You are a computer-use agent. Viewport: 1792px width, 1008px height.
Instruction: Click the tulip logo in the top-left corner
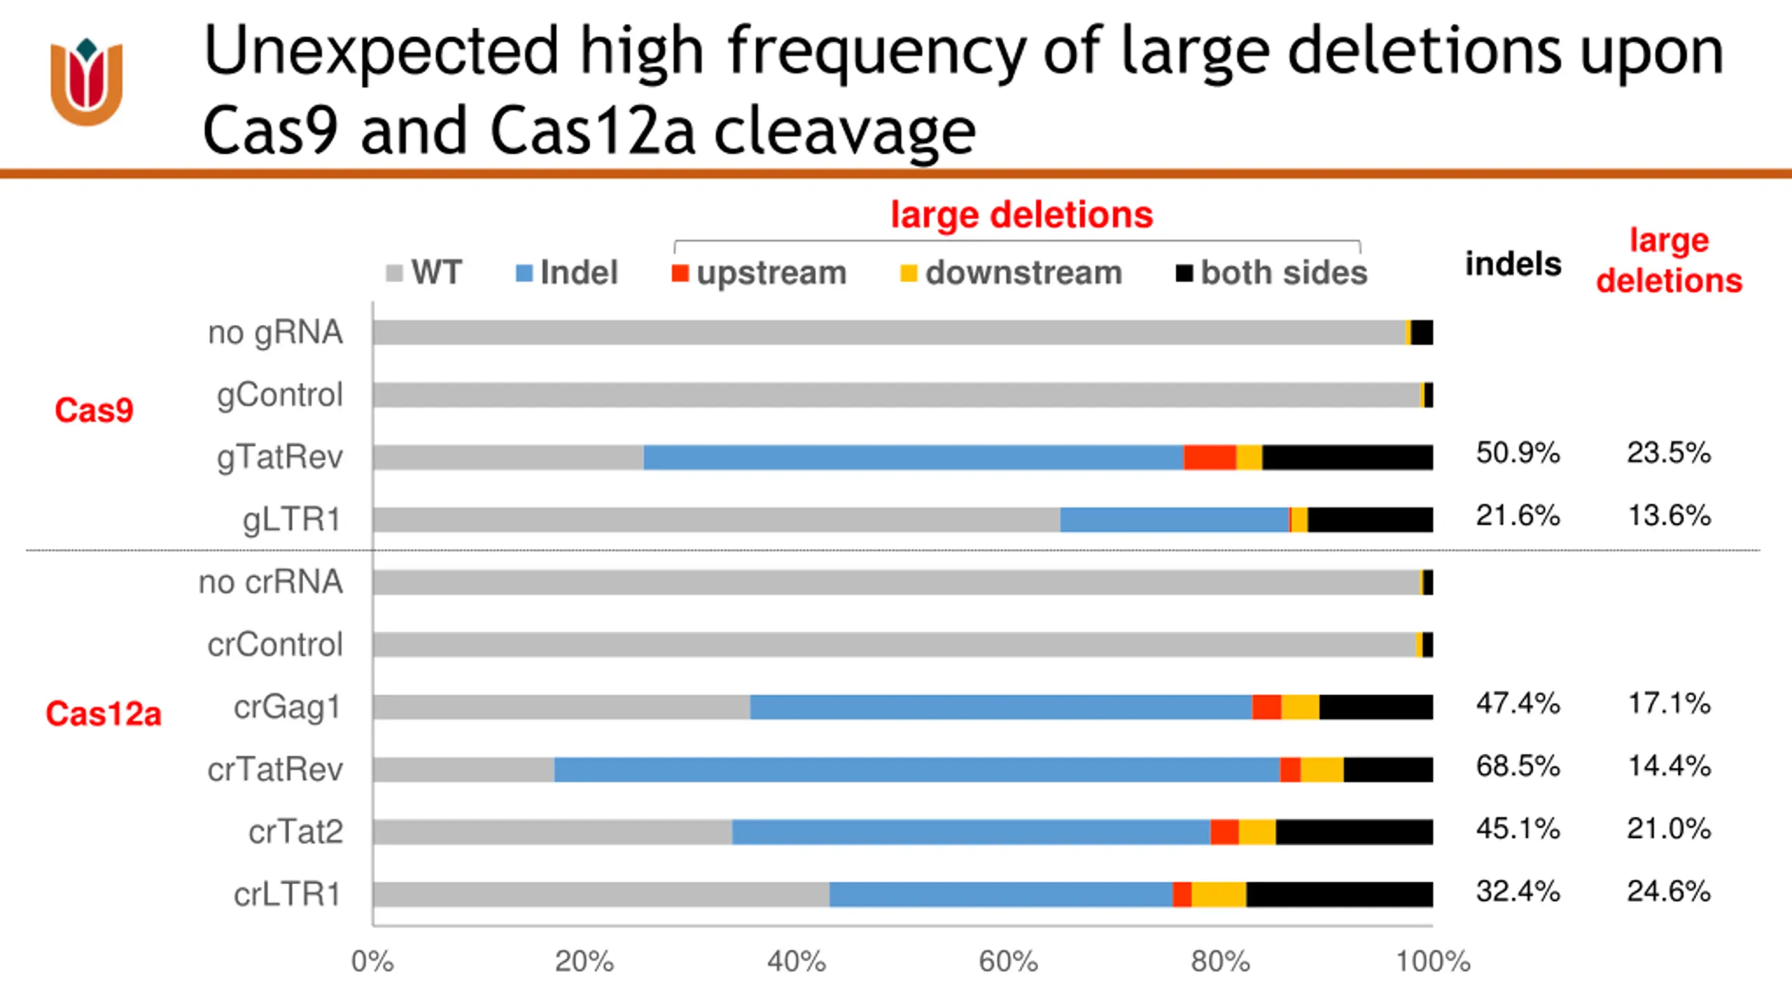point(87,83)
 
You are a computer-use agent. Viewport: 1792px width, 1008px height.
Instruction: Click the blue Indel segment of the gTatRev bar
point(913,457)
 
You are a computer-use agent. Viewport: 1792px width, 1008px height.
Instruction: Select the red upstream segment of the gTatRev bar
point(1210,457)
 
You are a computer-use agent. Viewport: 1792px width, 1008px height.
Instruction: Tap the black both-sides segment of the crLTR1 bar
point(1339,894)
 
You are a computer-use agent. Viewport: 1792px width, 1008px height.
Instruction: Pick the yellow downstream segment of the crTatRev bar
point(1322,769)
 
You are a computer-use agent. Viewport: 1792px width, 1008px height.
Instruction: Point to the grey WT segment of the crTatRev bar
point(463,769)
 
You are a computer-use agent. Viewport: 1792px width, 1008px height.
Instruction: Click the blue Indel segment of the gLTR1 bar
point(1174,519)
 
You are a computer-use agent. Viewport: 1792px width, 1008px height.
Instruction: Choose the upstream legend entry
point(759,273)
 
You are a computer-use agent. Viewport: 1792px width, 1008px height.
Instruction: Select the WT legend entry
point(424,273)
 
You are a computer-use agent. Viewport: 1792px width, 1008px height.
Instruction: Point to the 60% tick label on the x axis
point(1008,962)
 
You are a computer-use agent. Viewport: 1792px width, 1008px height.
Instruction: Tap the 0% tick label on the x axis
point(372,962)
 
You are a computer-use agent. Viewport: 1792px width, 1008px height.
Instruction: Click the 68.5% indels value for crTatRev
point(1518,766)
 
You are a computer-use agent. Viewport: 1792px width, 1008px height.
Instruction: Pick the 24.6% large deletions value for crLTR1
point(1669,891)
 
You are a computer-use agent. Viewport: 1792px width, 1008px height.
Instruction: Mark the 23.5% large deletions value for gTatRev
point(1669,453)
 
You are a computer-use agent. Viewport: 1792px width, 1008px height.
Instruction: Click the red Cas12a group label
point(104,714)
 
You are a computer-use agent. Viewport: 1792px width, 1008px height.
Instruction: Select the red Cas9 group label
point(94,410)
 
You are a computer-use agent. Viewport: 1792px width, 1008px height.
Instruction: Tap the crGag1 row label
point(288,707)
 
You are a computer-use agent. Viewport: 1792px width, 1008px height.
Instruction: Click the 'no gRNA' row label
point(275,332)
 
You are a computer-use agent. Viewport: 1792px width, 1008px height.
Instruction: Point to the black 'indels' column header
point(1513,265)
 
